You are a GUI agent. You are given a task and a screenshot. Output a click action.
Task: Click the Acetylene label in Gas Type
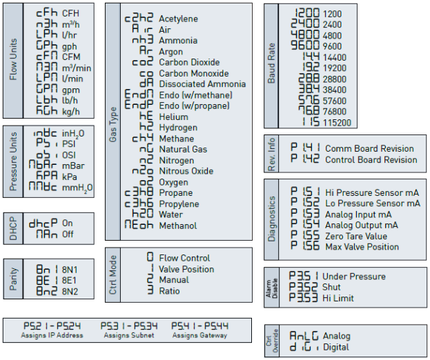[x=178, y=19]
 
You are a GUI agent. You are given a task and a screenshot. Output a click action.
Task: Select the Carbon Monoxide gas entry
[x=193, y=73]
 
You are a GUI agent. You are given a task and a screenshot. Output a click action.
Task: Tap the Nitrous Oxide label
[x=186, y=171]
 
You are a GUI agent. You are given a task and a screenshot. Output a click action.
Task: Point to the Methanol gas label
[x=177, y=226]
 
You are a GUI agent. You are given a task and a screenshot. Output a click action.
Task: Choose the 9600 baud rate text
[x=332, y=47]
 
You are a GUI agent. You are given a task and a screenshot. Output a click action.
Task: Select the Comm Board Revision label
[x=369, y=148]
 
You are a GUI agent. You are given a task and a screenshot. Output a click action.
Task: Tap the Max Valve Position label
[x=361, y=247]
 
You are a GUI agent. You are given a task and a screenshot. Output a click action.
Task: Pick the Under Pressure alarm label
[x=355, y=276]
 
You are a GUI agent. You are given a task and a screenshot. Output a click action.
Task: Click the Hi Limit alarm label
[x=338, y=298]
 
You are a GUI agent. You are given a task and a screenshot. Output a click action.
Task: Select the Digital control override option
[x=336, y=348]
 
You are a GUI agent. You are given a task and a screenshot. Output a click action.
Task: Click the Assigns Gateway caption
[x=200, y=335]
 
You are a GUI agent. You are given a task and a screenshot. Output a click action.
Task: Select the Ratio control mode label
[x=169, y=291]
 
